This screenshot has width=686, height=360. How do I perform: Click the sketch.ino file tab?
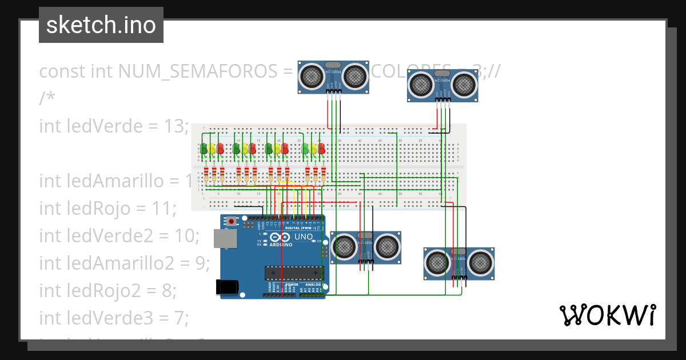click(x=101, y=25)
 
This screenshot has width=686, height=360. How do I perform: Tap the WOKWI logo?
click(x=607, y=315)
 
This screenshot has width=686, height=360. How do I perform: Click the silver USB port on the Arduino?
click(x=225, y=239)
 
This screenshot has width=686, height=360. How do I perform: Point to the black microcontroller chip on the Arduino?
click(x=294, y=273)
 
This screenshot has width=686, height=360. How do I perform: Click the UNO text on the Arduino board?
click(x=303, y=237)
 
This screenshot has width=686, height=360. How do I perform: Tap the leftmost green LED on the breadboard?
click(x=204, y=149)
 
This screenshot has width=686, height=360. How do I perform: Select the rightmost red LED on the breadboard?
click(x=321, y=149)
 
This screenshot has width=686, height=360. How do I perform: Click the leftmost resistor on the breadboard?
click(x=206, y=173)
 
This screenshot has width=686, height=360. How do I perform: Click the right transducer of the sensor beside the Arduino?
click(x=387, y=246)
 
